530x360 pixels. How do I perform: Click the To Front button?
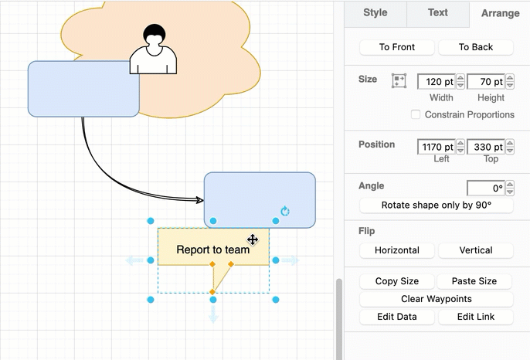[397, 47]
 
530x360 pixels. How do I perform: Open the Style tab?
[375, 12]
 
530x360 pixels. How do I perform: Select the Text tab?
[438, 12]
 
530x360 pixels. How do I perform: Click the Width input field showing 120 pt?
[437, 81]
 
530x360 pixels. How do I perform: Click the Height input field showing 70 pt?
[486, 81]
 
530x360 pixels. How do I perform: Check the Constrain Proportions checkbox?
[416, 114]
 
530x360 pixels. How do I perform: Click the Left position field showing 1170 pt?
[437, 147]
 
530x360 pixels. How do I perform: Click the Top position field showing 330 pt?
[486, 147]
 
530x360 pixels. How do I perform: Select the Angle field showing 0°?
[486, 188]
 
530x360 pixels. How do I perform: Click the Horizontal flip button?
[397, 250]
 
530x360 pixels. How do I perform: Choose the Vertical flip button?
[476, 250]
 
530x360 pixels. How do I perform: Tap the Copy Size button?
[397, 281]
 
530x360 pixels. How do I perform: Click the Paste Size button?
[476, 281]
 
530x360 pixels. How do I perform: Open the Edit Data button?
[397, 317]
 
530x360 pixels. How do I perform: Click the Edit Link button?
[476, 317]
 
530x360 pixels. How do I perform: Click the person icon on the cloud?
[153, 50]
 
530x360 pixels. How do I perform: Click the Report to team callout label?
[212, 250]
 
